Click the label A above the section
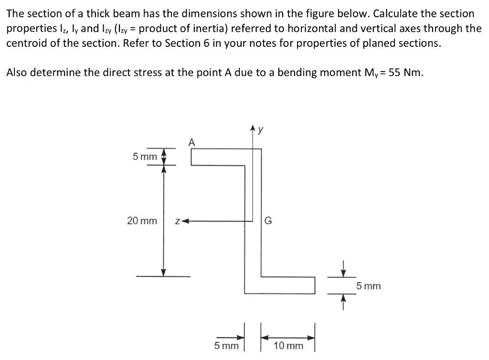tap(192, 142)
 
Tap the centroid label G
tap(268, 221)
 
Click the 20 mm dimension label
tap(142, 221)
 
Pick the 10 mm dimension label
tap(288, 345)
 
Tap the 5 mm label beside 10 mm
tap(226, 345)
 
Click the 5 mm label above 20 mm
tap(145, 157)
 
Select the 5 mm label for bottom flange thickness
tap(369, 286)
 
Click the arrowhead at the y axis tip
tap(253, 127)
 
